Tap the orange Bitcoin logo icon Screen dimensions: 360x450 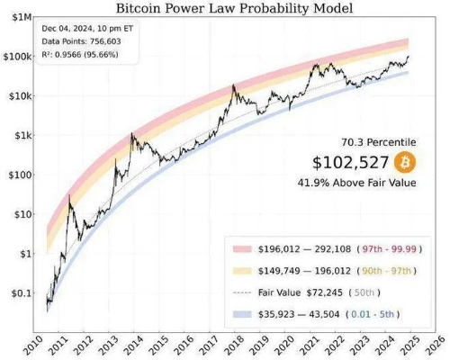point(405,163)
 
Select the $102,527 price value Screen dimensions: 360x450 point(351,163)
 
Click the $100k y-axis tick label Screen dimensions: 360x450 point(18,57)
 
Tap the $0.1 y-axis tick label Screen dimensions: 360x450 point(21,293)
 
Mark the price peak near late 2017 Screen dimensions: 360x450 point(233,86)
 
